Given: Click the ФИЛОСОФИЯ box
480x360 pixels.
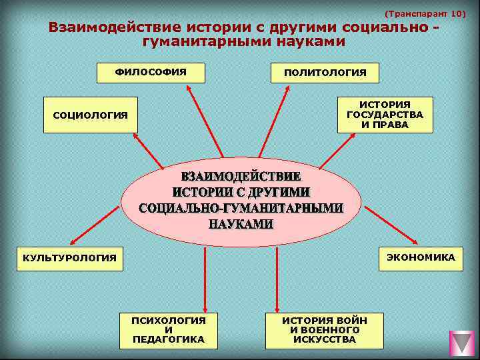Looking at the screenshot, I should (150, 71).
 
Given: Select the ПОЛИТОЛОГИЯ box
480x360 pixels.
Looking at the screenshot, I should (325, 73).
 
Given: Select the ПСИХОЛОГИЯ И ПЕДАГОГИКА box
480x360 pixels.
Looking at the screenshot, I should (169, 330).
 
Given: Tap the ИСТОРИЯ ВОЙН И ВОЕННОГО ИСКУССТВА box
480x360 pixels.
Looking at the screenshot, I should (325, 330).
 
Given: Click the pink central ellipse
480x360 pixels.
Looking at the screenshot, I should (242, 200).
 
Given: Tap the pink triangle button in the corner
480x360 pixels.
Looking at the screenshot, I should (461, 343).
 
